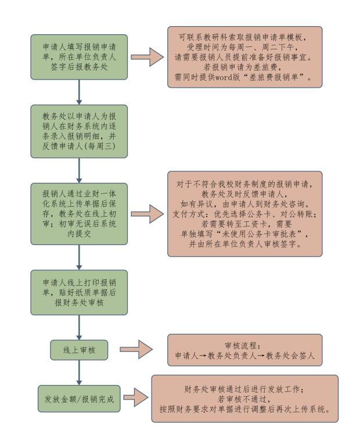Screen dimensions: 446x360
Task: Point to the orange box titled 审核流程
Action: click(x=244, y=350)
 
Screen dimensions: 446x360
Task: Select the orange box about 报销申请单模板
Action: click(x=244, y=57)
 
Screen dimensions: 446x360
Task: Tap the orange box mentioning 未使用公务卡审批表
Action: click(x=244, y=214)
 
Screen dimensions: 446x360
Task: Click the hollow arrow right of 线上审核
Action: click(x=137, y=350)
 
